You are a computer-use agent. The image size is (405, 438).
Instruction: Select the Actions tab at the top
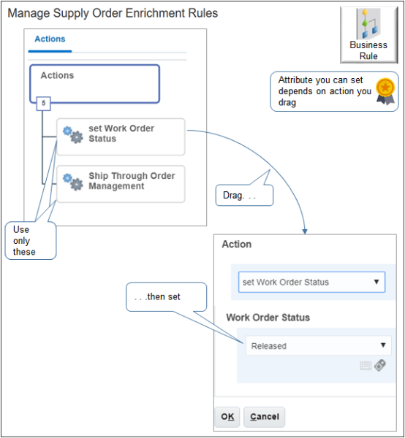point(50,39)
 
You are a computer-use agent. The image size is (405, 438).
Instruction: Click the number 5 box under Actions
point(43,103)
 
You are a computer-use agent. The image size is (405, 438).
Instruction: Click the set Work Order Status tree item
point(121,134)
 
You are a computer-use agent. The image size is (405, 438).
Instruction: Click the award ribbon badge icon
point(385,89)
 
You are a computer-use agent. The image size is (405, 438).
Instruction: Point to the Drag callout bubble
point(242,196)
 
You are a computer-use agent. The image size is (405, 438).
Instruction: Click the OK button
point(227,416)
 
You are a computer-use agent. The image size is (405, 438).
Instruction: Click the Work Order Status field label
point(268,318)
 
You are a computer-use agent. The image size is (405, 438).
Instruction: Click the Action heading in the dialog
point(236,245)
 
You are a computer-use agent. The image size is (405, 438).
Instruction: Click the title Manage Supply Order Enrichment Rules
point(113,13)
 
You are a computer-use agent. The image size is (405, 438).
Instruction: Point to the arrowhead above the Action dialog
point(305,231)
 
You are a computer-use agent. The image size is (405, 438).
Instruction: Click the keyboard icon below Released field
point(366,366)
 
